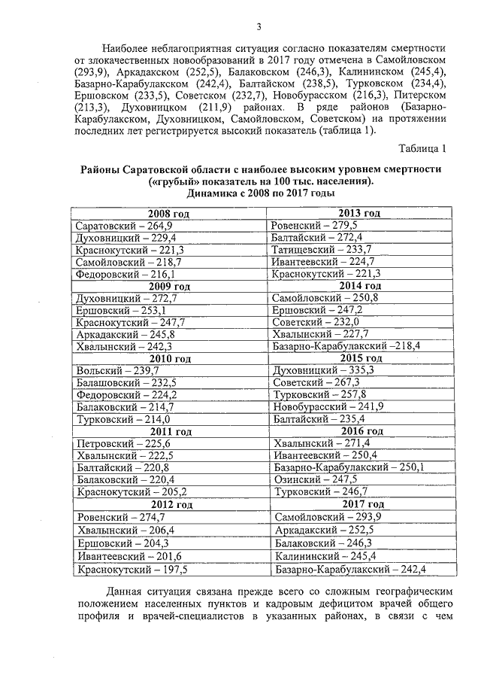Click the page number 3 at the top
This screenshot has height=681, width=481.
pyautogui.click(x=259, y=28)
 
